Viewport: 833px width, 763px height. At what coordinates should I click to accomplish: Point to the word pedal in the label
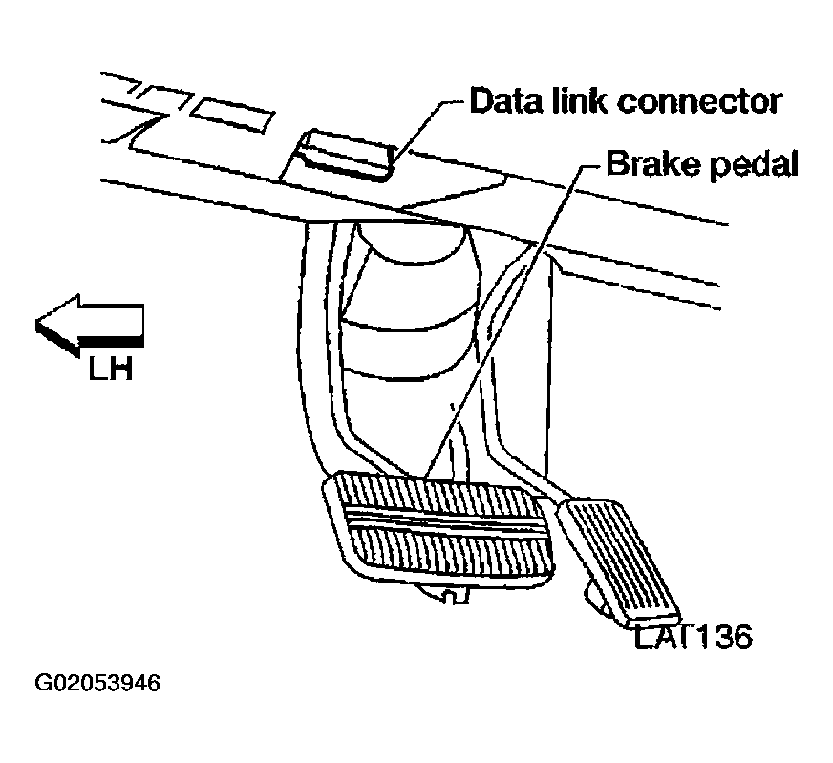[x=749, y=166]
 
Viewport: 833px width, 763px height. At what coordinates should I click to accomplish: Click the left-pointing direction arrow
[x=88, y=328]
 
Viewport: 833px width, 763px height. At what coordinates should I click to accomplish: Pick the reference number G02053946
[x=97, y=685]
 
